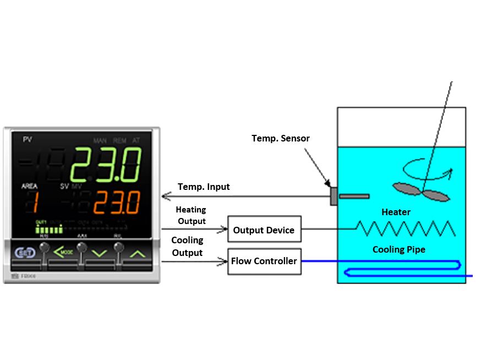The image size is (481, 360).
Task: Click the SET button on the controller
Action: pos(25,253)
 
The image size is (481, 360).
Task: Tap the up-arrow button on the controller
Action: pos(138,254)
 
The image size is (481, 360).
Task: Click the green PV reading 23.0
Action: pos(105,165)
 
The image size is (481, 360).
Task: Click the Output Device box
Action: pos(264,230)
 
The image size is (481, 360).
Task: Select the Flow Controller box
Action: pos(264,261)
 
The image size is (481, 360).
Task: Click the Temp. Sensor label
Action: pos(281,138)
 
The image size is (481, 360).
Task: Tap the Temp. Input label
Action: pos(204,187)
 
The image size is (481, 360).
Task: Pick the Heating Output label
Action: pos(190,215)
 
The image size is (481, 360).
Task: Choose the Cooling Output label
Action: pos(187,247)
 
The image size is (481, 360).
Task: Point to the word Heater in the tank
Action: pos(396,212)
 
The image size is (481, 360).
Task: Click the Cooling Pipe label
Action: pos(399,249)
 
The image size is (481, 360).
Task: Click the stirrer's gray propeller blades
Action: pos(421,190)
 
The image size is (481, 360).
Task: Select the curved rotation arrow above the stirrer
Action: pos(429,168)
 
